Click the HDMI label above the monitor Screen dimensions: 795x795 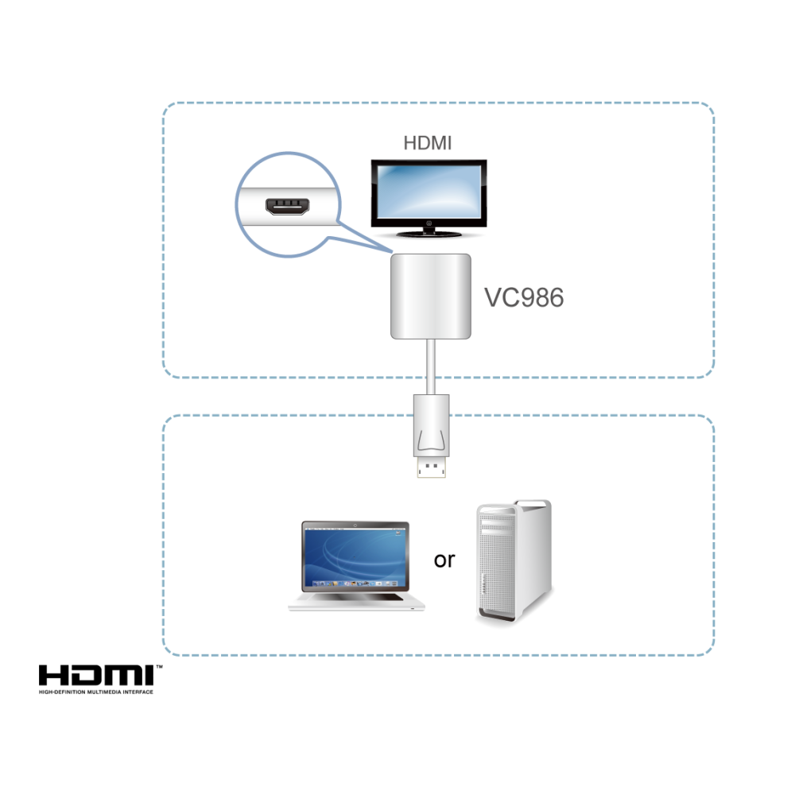(427, 143)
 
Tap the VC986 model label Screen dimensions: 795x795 (524, 297)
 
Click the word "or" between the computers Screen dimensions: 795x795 (444, 560)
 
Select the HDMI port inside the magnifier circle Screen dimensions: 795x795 (288, 206)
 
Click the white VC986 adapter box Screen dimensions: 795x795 (430, 297)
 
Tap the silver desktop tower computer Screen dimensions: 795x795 (514, 561)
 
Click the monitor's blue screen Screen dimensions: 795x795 (429, 191)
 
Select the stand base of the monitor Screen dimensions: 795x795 (429, 234)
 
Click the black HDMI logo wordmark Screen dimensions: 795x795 (96, 675)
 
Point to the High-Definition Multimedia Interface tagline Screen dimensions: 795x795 (96, 692)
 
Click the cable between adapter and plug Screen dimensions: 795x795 (431, 366)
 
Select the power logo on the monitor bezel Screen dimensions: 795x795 (429, 223)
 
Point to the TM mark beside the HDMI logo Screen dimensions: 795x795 (159, 667)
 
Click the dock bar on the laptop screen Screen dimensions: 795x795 (355, 584)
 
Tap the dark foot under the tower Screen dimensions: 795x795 (497, 617)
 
